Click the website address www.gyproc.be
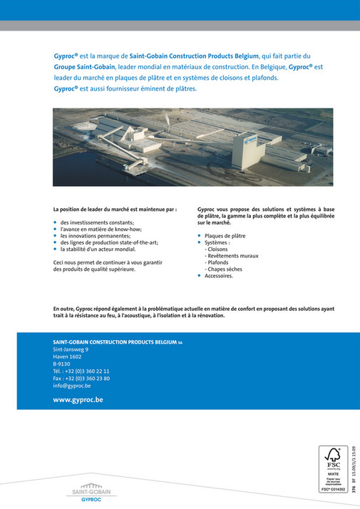[78, 400]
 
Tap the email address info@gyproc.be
[77, 386]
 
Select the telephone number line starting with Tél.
[81, 371]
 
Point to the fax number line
[81, 379]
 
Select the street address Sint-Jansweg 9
[71, 350]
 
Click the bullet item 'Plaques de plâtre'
[227, 235]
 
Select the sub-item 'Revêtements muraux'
[231, 255]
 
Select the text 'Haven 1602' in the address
[68, 357]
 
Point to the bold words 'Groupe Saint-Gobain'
[80, 66]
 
